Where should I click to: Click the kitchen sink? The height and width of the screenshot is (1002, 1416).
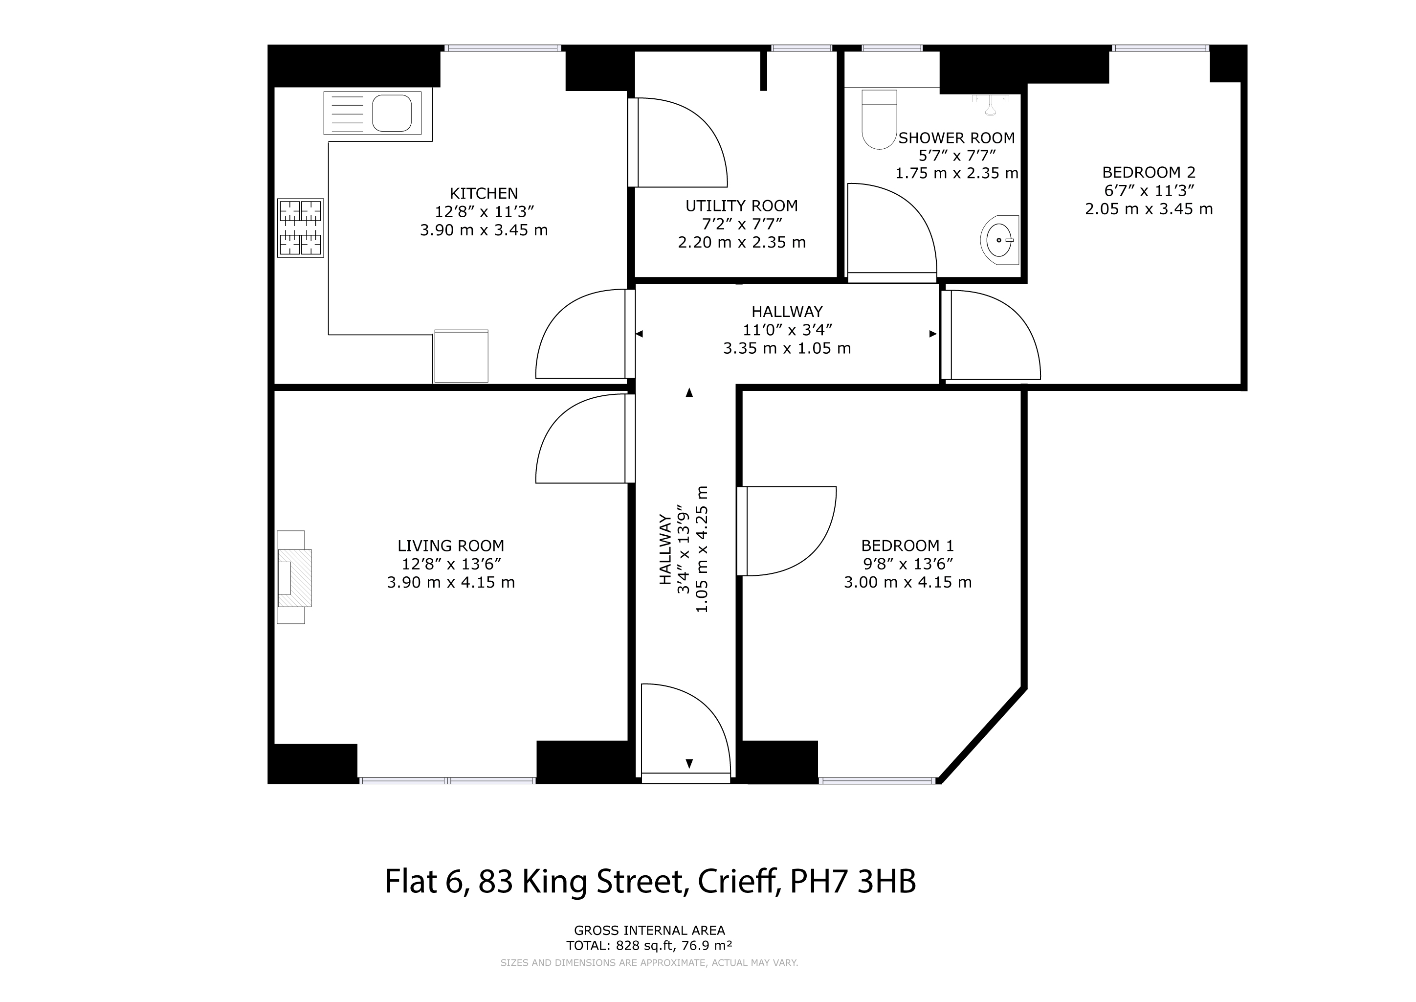coord(373,113)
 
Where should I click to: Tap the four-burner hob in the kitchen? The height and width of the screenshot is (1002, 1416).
coord(300,228)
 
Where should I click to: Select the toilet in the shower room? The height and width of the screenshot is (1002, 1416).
coord(879,120)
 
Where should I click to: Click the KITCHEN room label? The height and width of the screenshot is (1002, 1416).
coord(484,193)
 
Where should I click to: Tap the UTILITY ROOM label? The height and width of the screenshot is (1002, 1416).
coord(741,205)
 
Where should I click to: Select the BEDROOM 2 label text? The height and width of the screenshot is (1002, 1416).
coord(1149,172)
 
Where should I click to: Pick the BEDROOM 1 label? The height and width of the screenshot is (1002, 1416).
coord(907,546)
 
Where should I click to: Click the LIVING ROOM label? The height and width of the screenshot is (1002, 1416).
coord(450,546)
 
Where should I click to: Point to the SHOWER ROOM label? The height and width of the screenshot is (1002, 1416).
coord(956,137)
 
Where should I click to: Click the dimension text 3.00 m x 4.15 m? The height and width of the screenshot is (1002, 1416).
coord(907,582)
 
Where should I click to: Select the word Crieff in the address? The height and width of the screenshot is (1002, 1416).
coord(736,881)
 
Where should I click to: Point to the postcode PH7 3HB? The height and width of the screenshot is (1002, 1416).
coord(853,881)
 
